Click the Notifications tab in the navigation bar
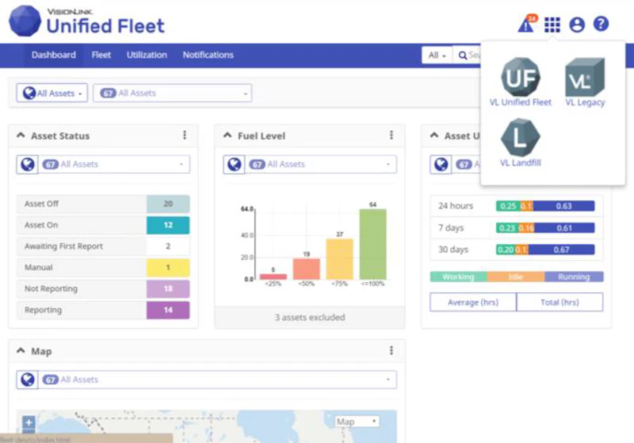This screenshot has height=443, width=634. pos(208,55)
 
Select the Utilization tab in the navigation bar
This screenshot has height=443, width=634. pos(147,55)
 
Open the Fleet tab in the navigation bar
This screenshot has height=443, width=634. pos(101,55)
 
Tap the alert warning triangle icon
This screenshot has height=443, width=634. pos(525,25)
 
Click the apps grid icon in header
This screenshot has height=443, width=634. pos(552,25)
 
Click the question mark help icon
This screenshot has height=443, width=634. pos(601,25)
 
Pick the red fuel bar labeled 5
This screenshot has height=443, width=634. pos(273,276)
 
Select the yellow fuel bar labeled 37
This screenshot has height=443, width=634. pos(339,258)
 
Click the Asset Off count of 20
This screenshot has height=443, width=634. pos(168,204)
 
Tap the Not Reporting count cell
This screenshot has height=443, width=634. pos(168,288)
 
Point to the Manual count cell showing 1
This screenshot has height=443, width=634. pos(168,268)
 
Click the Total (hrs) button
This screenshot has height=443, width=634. pos(560,302)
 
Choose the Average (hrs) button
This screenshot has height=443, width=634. pos(473,302)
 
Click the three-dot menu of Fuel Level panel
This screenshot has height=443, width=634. pos(391,136)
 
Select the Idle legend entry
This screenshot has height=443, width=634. pos(516,277)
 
